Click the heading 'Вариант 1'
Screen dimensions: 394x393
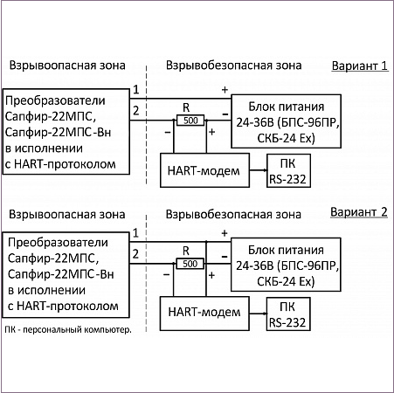tap(360, 65)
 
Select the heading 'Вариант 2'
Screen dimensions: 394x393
tap(359, 212)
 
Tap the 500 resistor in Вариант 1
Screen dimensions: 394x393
tap(190, 121)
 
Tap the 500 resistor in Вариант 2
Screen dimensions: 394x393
tap(190, 264)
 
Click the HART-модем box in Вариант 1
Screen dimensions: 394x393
tap(205, 170)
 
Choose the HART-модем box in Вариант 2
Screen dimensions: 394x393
tap(204, 314)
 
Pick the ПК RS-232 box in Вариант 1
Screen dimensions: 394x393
tap(288, 170)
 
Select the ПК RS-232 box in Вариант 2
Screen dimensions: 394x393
tap(288, 314)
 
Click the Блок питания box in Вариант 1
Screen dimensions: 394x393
tap(286, 121)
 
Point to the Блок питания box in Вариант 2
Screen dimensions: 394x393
tap(286, 265)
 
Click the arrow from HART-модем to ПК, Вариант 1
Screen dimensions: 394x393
tap(259, 170)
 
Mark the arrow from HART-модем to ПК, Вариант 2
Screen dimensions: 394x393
tap(258, 314)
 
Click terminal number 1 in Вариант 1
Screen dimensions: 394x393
tap(136, 89)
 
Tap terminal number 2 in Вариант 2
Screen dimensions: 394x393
tap(135, 254)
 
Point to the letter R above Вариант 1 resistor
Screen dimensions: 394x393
tap(186, 107)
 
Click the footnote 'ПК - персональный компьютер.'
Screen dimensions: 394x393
tap(68, 330)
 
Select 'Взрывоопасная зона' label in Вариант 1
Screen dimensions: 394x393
tap(67, 65)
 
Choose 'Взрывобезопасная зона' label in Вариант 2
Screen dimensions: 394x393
tap(233, 214)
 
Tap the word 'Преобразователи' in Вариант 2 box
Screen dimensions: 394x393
tap(58, 243)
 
